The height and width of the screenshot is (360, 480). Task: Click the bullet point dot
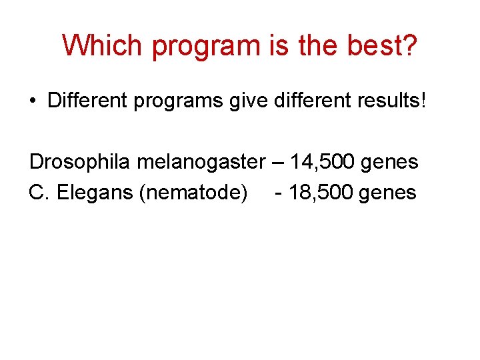click(33, 101)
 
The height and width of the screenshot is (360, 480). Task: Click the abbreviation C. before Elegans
click(39, 193)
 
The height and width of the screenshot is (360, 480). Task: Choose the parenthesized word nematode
click(193, 193)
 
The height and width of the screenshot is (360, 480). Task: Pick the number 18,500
click(321, 193)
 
